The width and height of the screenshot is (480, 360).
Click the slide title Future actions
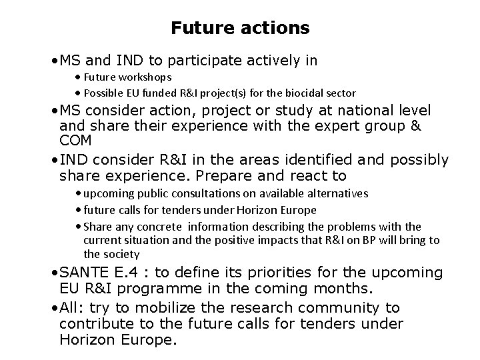tap(240, 28)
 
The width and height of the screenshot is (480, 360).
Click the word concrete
tap(161, 227)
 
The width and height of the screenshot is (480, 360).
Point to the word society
tap(121, 253)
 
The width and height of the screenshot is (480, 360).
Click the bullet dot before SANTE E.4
tap(55, 273)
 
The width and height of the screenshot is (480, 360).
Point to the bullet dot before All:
tap(55, 307)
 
